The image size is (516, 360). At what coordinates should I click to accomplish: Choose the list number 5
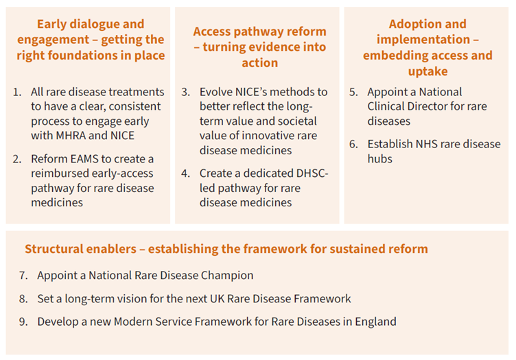click(353, 92)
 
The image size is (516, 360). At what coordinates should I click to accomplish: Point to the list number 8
click(23, 299)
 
